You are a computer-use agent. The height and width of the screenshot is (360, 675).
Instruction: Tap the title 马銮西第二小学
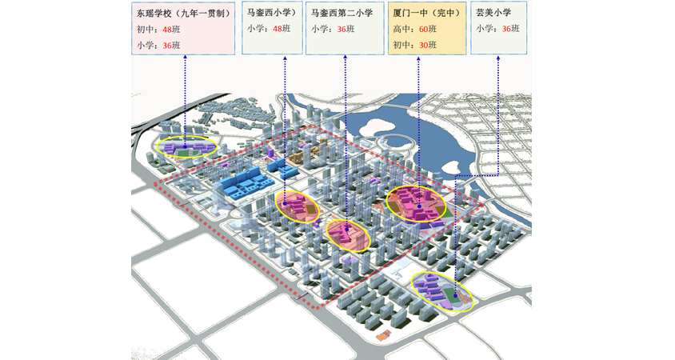[x=342, y=14]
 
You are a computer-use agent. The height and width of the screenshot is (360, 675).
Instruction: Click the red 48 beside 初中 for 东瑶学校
[x=167, y=29]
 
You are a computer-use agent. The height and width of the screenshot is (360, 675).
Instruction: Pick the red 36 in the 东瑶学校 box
[x=167, y=45]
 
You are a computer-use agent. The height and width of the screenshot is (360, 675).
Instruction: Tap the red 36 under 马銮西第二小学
[x=342, y=29]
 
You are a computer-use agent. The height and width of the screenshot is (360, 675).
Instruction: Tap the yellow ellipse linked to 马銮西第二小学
[x=349, y=234]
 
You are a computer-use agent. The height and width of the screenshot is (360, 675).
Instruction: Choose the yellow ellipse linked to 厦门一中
[x=416, y=203]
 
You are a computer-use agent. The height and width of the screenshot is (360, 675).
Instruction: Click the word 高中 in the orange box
[x=401, y=29]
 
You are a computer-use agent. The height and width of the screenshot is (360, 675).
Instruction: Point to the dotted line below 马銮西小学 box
[x=285, y=120]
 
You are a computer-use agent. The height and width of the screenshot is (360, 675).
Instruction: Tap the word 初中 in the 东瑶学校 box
[x=146, y=29]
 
